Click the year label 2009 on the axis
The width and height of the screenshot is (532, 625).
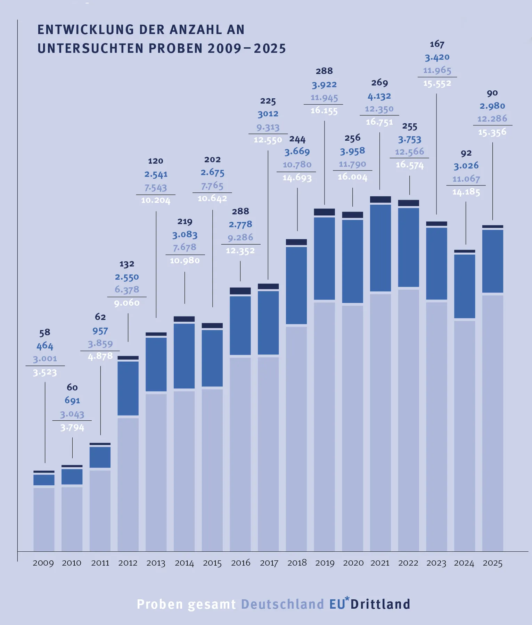pyautogui.click(x=43, y=563)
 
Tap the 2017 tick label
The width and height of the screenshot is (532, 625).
pyautogui.click(x=269, y=563)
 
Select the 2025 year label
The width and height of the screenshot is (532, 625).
pyautogui.click(x=492, y=563)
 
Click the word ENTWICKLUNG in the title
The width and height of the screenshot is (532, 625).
pyautogui.click(x=86, y=30)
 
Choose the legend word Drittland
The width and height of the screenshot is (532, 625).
pyautogui.click(x=380, y=605)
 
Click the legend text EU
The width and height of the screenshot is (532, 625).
pyautogui.click(x=337, y=605)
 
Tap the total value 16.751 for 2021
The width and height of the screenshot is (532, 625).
pyautogui.click(x=379, y=122)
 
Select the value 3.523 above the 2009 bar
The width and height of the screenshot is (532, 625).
pyautogui.click(x=45, y=373)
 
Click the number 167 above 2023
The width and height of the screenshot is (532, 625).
pyautogui.click(x=437, y=44)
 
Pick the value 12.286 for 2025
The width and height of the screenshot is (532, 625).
pyautogui.click(x=492, y=119)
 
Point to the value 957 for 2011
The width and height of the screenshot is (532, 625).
pyautogui.click(x=100, y=331)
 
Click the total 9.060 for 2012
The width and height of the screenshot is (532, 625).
pyautogui.click(x=127, y=303)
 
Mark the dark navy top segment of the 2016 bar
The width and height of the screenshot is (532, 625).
pyautogui.click(x=240, y=291)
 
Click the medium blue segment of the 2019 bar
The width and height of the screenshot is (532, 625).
pyautogui.click(x=325, y=258)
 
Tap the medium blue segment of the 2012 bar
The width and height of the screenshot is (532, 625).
pyautogui.click(x=128, y=388)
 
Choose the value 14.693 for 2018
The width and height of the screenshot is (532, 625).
pyautogui.click(x=297, y=178)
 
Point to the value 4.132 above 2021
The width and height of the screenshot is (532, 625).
pyautogui.click(x=379, y=96)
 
